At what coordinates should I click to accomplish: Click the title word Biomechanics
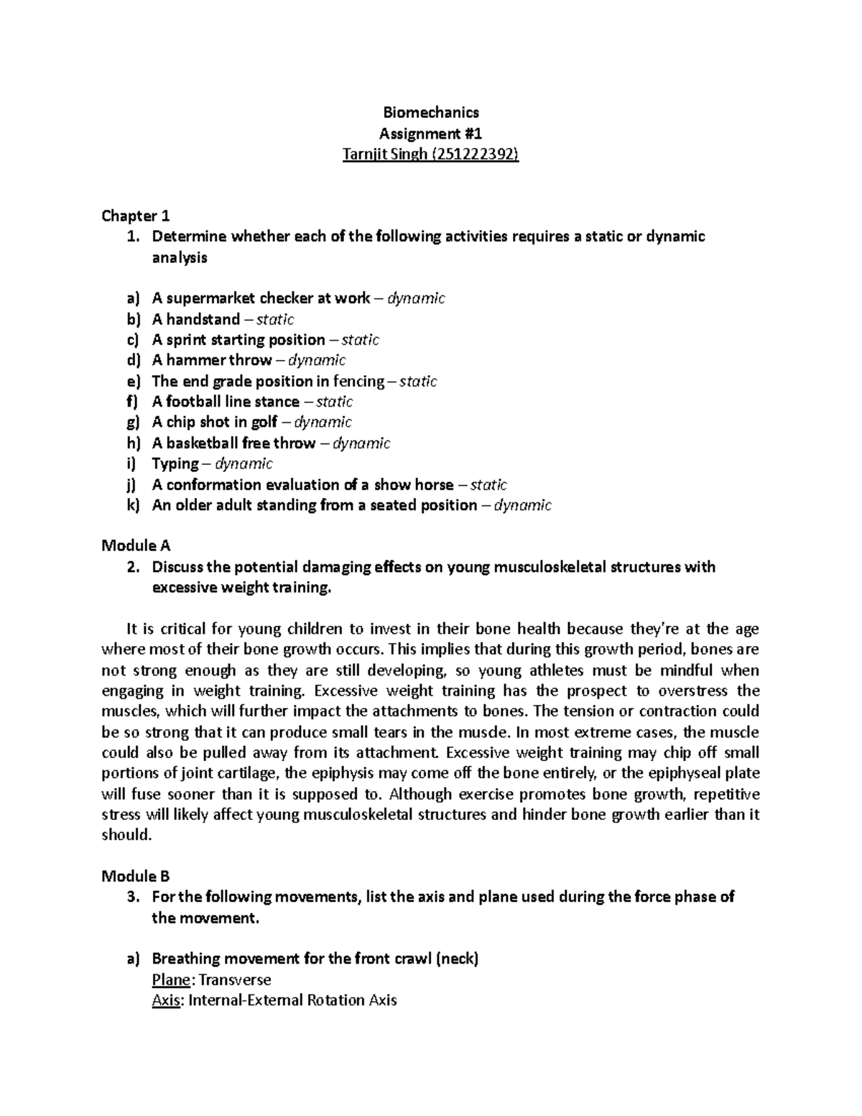(x=430, y=112)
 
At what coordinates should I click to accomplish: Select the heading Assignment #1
(x=430, y=133)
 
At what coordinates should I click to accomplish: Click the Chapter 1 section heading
(x=135, y=216)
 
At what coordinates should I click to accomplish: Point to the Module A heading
(x=136, y=545)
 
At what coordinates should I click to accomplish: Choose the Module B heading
(x=136, y=876)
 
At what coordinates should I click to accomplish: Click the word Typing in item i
(x=175, y=464)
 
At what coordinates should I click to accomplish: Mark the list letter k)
(x=132, y=505)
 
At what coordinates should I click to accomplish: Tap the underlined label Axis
(x=165, y=1000)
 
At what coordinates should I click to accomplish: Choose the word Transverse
(x=235, y=979)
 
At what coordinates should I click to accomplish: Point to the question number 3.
(x=131, y=897)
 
